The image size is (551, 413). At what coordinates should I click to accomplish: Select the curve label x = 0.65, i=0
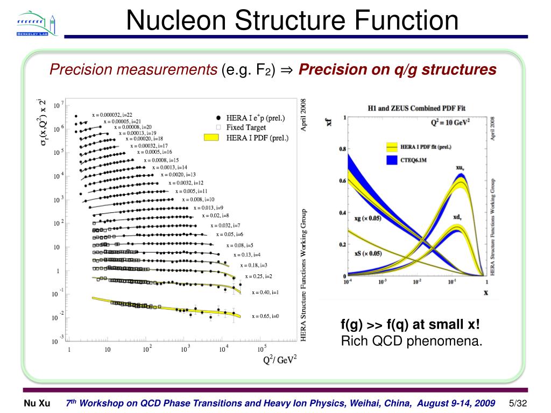(265, 316)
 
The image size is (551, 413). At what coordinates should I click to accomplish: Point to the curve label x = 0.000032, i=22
(112, 115)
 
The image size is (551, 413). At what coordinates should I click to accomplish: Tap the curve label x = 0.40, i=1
(265, 293)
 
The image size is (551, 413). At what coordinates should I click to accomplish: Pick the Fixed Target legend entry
(246, 128)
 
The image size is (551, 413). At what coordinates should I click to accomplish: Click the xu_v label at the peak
(460, 168)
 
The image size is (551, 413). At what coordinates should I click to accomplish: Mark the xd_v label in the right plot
(457, 217)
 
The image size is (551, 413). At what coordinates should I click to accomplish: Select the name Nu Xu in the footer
(37, 403)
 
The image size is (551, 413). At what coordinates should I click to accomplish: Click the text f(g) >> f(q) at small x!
(410, 325)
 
